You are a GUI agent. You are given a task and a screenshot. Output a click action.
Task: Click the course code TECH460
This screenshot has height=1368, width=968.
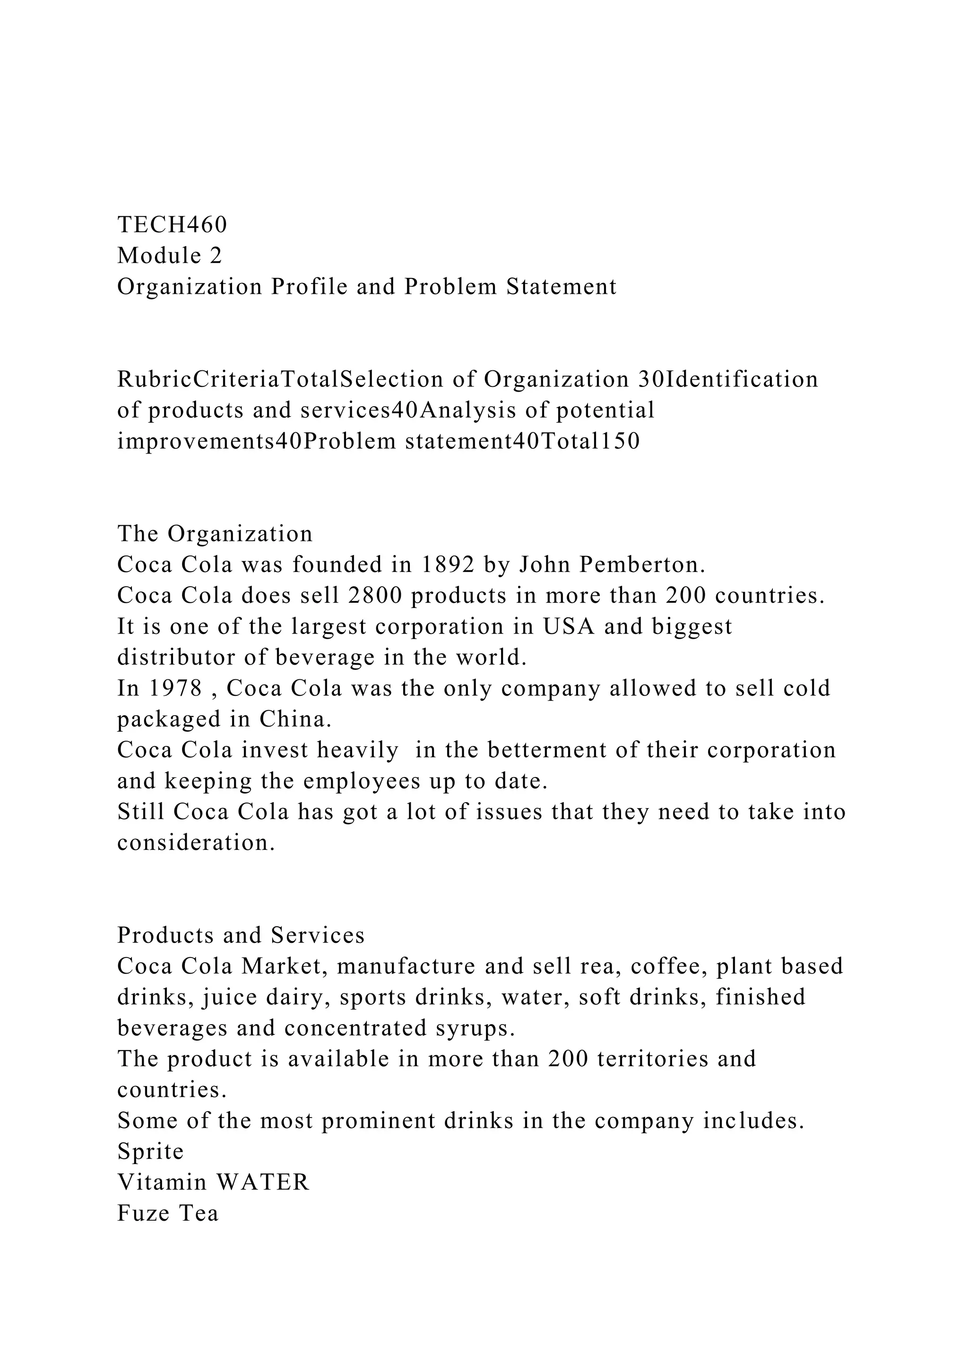(x=172, y=225)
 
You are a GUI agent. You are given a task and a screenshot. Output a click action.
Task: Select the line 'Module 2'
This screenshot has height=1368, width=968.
(x=169, y=256)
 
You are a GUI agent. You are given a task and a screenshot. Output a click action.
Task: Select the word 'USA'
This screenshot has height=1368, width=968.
(x=569, y=626)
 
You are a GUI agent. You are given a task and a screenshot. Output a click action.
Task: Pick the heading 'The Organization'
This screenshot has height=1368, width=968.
(x=215, y=533)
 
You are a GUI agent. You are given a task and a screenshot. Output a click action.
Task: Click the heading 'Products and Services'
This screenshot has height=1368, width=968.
(x=241, y=935)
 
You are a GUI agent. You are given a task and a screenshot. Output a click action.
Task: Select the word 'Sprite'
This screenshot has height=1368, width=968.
(x=150, y=1151)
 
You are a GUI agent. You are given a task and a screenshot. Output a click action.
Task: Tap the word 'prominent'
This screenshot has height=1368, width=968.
(x=379, y=1121)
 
